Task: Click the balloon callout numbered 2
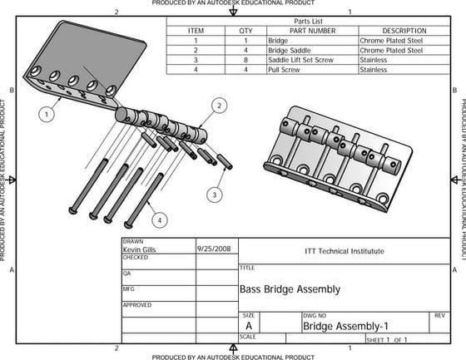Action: tap(219, 106)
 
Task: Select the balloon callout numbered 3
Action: tap(214, 194)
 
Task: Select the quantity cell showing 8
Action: tap(245, 60)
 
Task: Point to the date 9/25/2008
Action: tap(214, 248)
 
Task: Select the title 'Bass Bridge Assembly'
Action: tap(290, 289)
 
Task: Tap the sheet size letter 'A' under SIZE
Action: tap(248, 327)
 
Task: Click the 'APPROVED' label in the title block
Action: tap(137, 305)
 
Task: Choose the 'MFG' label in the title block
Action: tap(129, 288)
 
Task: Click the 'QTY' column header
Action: tap(245, 30)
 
